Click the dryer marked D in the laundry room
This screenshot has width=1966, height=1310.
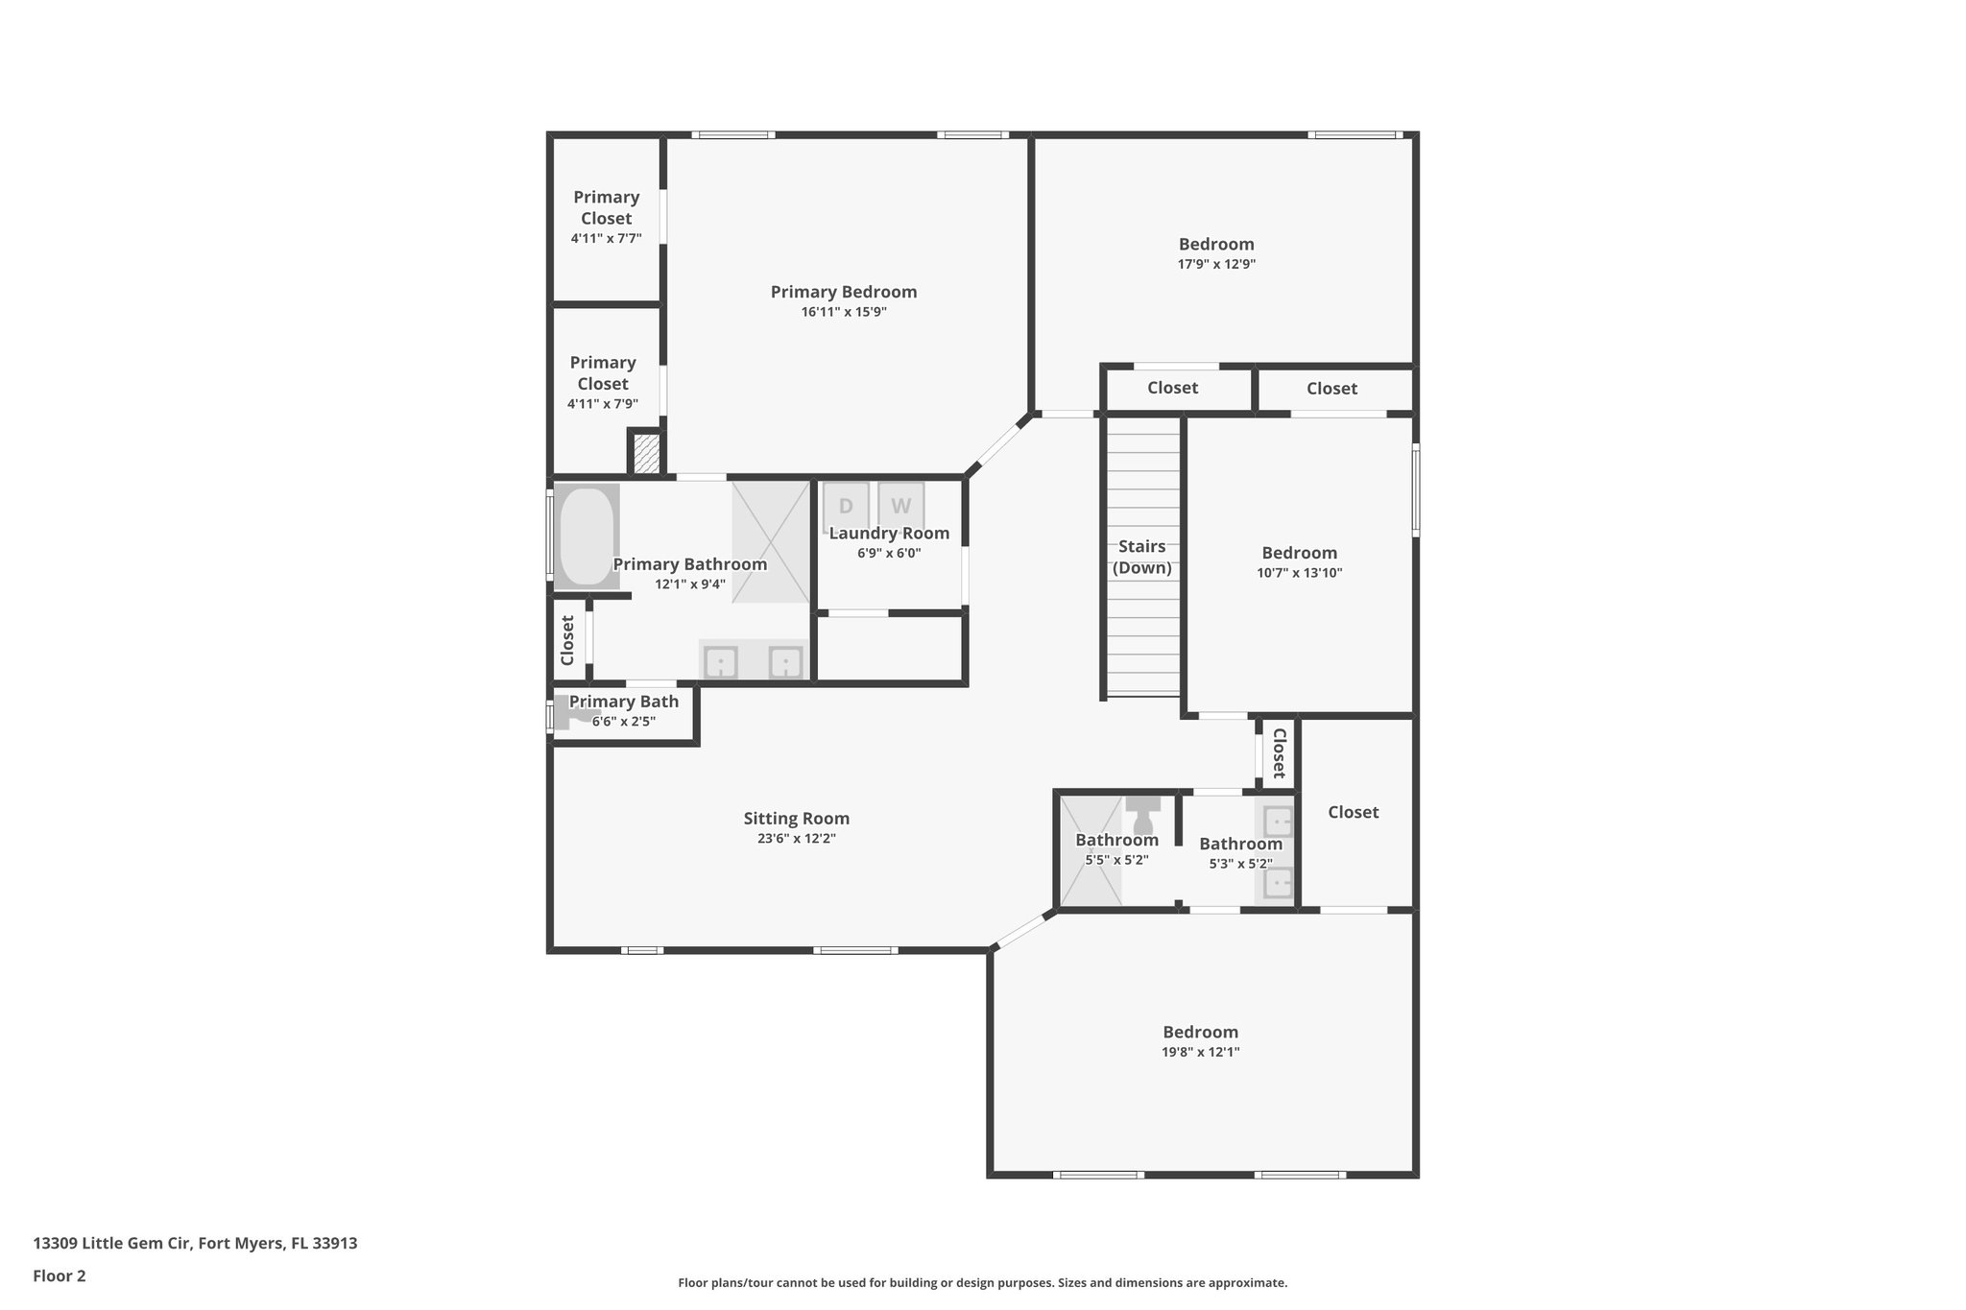(x=846, y=506)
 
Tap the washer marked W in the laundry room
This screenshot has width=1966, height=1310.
(x=901, y=506)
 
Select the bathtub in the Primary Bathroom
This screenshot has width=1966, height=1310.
(x=587, y=536)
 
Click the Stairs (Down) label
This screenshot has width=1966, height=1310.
(x=1142, y=557)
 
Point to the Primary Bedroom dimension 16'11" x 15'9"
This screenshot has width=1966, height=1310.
(x=844, y=312)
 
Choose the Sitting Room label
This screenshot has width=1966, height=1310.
(x=797, y=819)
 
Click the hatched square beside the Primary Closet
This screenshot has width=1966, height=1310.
(x=646, y=454)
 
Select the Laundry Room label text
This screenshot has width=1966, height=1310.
(x=890, y=534)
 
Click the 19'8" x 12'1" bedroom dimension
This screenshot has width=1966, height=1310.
(x=1200, y=1052)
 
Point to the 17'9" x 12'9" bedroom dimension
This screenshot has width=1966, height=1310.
(x=1216, y=264)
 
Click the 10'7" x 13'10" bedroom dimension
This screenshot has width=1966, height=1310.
(x=1300, y=573)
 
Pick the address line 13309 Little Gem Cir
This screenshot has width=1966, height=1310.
(x=195, y=1244)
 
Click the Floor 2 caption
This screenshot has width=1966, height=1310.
(x=60, y=1276)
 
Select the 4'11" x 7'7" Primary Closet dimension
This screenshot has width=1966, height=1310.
(x=606, y=238)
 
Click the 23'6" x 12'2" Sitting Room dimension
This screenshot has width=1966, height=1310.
(x=797, y=839)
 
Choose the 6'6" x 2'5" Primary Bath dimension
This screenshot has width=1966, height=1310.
(x=624, y=722)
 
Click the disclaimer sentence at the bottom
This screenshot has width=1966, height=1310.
(x=983, y=1283)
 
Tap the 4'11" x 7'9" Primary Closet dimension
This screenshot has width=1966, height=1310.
(x=603, y=404)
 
